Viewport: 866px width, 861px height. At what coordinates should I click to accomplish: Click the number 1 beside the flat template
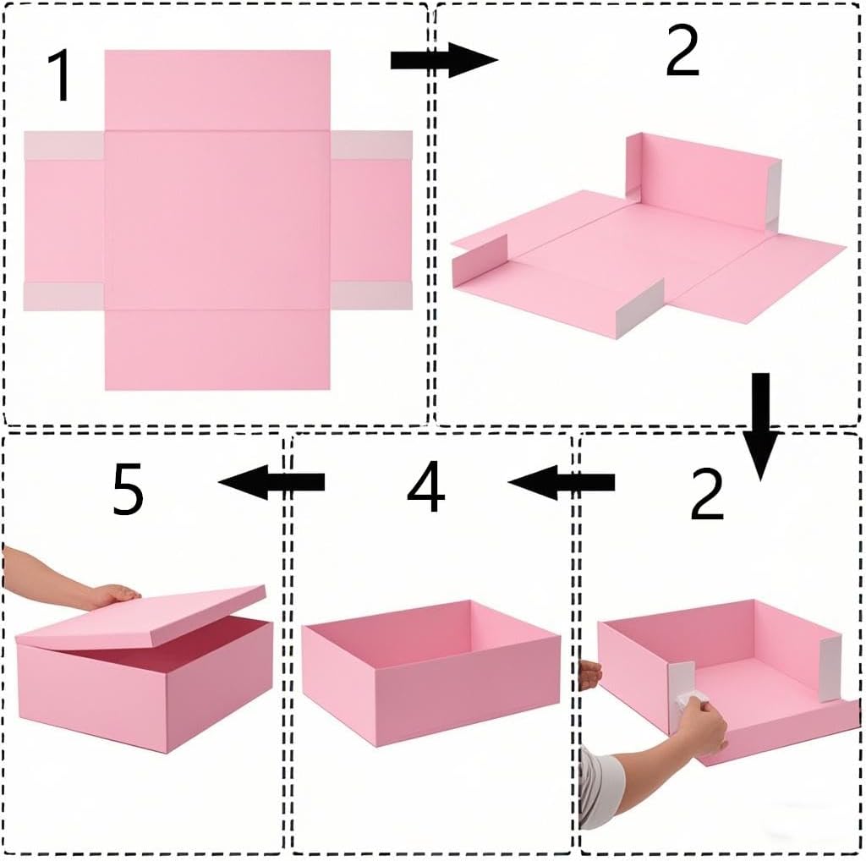pyautogui.click(x=60, y=75)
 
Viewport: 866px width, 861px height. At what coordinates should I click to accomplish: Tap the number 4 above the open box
pyautogui.click(x=425, y=486)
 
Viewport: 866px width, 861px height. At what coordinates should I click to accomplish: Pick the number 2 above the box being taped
pyautogui.click(x=707, y=493)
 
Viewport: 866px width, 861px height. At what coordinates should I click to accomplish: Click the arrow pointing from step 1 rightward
pyautogui.click(x=444, y=60)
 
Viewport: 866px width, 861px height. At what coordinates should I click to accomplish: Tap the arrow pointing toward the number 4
pyautogui.click(x=562, y=482)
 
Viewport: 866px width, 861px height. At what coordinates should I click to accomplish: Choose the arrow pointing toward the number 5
pyautogui.click(x=271, y=482)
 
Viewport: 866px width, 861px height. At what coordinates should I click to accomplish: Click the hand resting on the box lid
pyautogui.click(x=113, y=596)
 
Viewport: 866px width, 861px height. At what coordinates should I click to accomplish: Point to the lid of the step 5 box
pyautogui.click(x=141, y=617)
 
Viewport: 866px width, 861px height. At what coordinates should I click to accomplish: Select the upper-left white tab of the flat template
pyautogui.click(x=64, y=145)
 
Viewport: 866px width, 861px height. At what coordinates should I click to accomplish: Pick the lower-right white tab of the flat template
pyautogui.click(x=371, y=295)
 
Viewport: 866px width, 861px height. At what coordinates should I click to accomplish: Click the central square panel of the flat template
pyautogui.click(x=217, y=220)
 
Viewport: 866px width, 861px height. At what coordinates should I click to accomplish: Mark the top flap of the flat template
pyautogui.click(x=217, y=90)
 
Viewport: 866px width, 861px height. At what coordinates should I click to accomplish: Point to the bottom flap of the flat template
pyautogui.click(x=217, y=349)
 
